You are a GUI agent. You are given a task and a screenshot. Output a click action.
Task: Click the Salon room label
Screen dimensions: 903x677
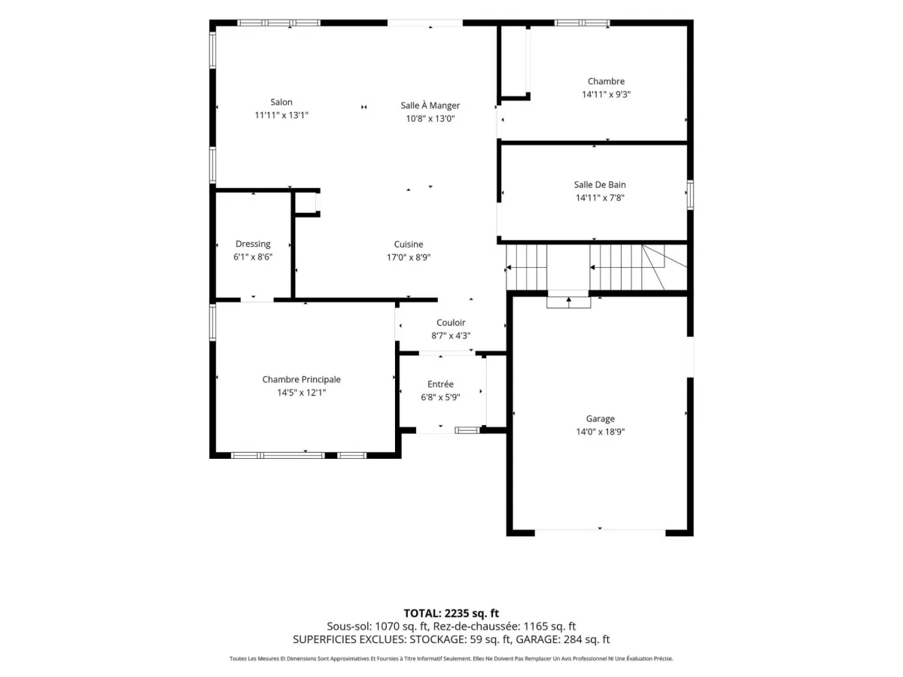pyautogui.click(x=281, y=102)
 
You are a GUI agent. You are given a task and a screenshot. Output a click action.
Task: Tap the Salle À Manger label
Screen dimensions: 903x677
pyautogui.click(x=430, y=105)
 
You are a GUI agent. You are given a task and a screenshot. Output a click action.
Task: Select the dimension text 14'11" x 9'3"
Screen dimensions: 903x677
pyautogui.click(x=606, y=94)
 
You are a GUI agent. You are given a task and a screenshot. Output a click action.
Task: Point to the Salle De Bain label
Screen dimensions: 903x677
pyautogui.click(x=600, y=184)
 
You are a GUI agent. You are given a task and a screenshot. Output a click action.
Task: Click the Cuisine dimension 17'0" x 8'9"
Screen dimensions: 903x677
pyautogui.click(x=408, y=257)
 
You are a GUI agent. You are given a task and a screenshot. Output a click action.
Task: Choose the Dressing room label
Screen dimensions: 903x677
pyautogui.click(x=253, y=244)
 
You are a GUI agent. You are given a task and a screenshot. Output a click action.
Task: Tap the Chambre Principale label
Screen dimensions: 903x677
pyautogui.click(x=301, y=379)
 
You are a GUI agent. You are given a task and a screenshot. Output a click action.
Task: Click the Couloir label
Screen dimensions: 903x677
pyautogui.click(x=451, y=323)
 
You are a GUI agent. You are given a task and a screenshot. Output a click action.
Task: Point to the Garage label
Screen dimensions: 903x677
pyautogui.click(x=600, y=419)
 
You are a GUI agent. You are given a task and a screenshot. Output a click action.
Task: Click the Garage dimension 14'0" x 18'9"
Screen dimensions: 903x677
pyautogui.click(x=600, y=432)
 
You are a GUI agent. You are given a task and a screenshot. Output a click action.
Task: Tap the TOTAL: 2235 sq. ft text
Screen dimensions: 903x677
pyautogui.click(x=451, y=613)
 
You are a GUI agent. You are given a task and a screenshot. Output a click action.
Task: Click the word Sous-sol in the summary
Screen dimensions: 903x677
pyautogui.click(x=349, y=627)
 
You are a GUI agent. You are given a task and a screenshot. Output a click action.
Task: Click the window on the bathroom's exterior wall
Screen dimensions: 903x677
pyautogui.click(x=690, y=195)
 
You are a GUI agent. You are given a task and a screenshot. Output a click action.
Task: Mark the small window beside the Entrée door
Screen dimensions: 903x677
pyautogui.click(x=467, y=430)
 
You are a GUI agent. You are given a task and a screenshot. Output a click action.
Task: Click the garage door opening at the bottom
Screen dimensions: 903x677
pyautogui.click(x=600, y=533)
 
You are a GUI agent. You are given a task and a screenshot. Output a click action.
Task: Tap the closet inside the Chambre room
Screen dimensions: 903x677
pyautogui.click(x=513, y=62)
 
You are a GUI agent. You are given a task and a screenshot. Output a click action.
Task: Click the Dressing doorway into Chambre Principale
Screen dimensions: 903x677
pyautogui.click(x=257, y=299)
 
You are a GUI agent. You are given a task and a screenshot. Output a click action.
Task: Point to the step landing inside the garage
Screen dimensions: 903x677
pyautogui.click(x=568, y=302)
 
